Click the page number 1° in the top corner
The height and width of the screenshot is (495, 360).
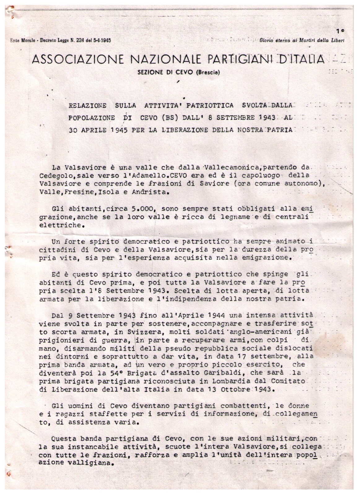point(341,31)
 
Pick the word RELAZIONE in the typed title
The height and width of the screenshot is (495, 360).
point(87,105)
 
